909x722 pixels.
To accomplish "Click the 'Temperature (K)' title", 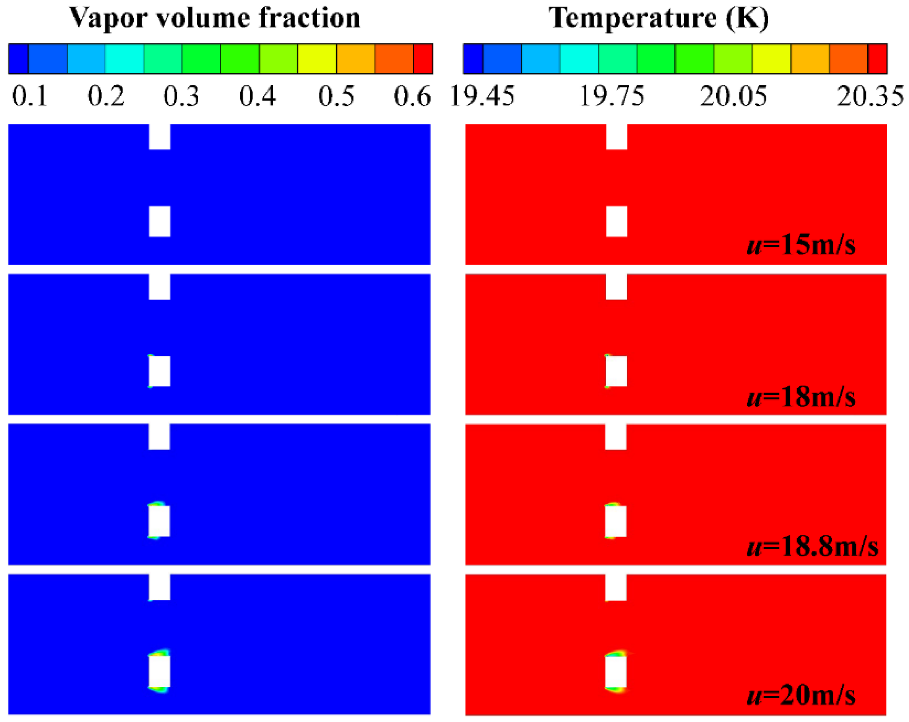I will (x=658, y=18).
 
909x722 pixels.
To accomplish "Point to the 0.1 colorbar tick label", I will (x=29, y=96).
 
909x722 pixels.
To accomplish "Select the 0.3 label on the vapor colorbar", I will (x=181, y=96).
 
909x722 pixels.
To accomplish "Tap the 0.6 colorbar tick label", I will (x=412, y=96).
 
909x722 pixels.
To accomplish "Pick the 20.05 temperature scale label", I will (x=733, y=96).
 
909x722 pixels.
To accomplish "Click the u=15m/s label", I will (x=800, y=245).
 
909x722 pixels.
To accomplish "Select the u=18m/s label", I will (x=800, y=397).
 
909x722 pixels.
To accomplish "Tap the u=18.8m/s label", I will (x=812, y=546).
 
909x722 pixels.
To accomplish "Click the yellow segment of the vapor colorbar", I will (x=317, y=59).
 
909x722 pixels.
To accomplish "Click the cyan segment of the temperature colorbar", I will (x=579, y=59).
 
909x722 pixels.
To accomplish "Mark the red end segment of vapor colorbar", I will (x=422, y=59).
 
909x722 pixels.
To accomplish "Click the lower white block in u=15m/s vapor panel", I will (x=160, y=222).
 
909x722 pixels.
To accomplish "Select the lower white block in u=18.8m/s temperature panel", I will (x=615, y=521).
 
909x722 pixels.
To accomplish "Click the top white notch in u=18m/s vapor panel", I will (x=160, y=287).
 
